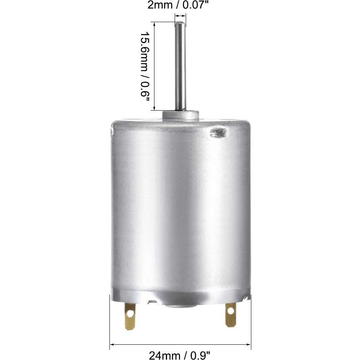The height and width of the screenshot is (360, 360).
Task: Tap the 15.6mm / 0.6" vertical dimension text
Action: point(146,66)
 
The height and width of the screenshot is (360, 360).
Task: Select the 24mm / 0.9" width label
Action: point(180,355)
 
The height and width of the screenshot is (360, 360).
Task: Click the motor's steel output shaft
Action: point(180,69)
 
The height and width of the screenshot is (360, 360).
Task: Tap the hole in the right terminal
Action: point(231,311)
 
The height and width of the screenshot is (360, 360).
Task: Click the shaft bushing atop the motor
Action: point(180,114)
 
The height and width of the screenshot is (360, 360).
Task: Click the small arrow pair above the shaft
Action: point(180,16)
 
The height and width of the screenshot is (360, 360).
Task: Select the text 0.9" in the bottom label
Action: point(201,355)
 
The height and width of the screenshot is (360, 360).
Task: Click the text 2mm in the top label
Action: point(156,6)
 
